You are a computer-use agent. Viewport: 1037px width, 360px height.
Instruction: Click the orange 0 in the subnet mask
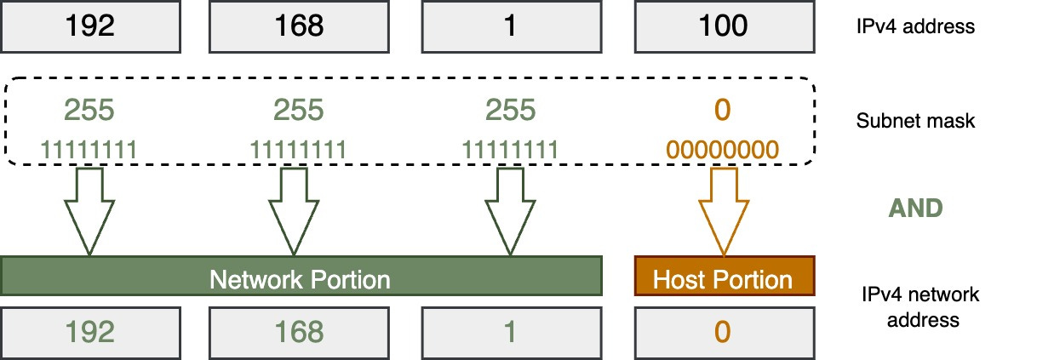pos(722,111)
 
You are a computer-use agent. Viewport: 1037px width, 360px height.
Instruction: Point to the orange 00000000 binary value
pos(722,151)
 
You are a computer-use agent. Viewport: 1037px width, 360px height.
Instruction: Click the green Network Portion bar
pos(300,278)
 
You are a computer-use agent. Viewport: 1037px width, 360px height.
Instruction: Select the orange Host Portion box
pos(722,279)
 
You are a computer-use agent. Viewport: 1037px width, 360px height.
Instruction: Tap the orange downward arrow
pos(722,210)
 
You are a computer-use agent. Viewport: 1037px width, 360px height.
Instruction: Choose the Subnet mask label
pos(915,121)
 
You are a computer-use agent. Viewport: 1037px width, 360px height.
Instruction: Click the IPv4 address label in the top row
pos(915,26)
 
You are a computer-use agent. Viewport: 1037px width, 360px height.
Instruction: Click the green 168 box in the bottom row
pos(300,331)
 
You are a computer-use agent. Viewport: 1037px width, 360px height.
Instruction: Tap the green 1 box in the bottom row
pos(509,331)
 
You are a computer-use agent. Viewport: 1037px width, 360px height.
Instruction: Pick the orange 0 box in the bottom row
pos(722,331)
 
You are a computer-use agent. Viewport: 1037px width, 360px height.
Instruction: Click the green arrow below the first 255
pos(89,210)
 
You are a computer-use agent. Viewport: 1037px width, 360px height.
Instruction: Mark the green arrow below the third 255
pos(510,210)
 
